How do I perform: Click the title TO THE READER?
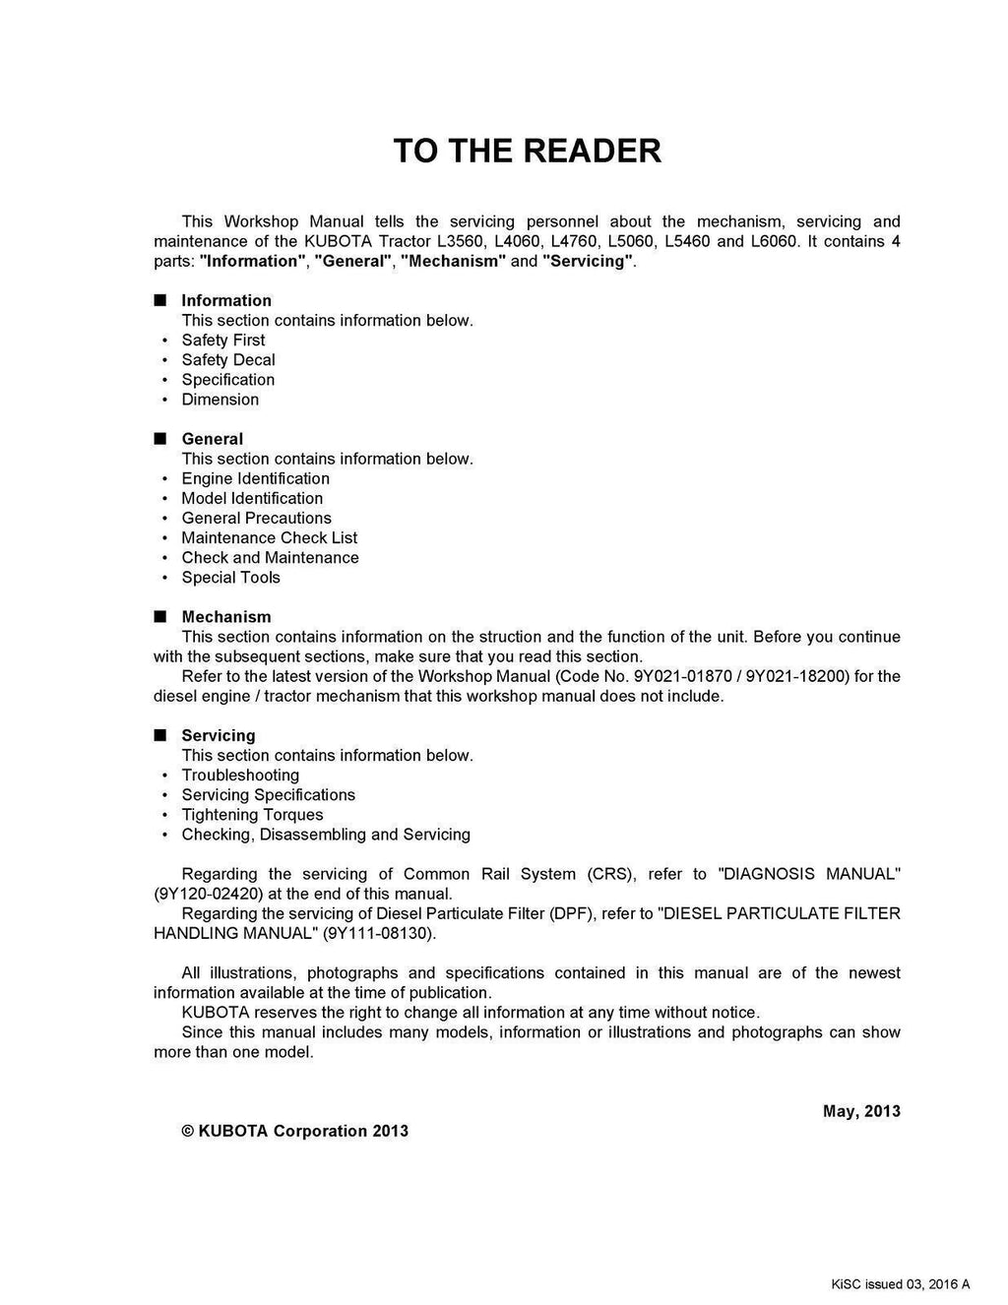point(527,151)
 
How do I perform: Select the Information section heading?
point(226,300)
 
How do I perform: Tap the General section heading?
point(212,439)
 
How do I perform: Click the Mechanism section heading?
point(225,617)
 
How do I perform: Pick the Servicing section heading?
point(218,735)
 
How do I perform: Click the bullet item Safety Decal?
point(228,360)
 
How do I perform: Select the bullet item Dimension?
point(220,400)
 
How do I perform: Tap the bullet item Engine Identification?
point(256,478)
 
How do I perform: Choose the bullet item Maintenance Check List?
point(270,537)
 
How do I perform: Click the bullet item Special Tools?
point(231,578)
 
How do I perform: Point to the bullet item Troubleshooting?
point(240,776)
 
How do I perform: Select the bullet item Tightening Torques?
point(252,815)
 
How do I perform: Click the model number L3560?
point(460,241)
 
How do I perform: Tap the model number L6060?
point(774,241)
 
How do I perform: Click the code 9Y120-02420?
point(203,894)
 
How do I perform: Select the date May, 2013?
point(861,1111)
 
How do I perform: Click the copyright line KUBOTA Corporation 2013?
point(295,1131)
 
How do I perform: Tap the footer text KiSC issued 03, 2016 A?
point(901,1283)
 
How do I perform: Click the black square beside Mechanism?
point(159,617)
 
